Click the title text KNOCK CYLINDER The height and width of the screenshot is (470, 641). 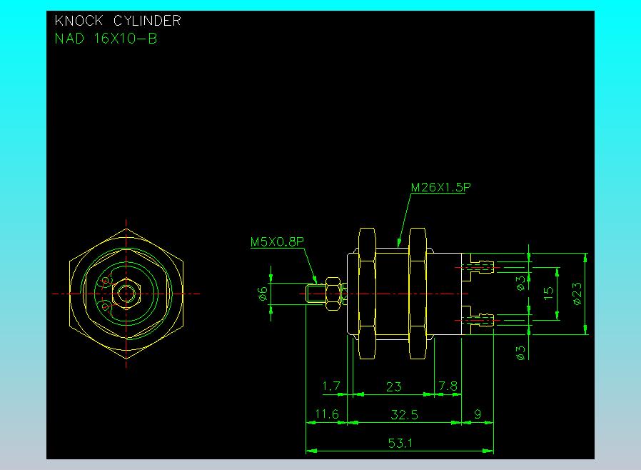pos(118,21)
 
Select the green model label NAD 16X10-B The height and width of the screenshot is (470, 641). pos(106,39)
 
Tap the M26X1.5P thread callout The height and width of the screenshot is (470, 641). pos(440,187)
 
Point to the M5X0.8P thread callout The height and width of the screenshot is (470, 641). pos(277,241)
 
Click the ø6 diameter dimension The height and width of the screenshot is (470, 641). pos(263,294)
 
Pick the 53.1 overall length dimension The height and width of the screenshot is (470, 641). pos(400,443)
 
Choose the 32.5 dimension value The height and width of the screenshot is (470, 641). pos(404,415)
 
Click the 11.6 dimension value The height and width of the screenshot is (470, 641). pos(327,414)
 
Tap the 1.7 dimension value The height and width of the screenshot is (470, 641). pos(331,386)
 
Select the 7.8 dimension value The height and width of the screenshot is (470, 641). pos(448,386)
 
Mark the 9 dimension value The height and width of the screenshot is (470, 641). pos(478,414)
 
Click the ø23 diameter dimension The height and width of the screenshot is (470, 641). pos(577,294)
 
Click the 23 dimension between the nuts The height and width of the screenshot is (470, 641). pos(394,386)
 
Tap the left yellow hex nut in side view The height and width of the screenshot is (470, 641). pos(367,294)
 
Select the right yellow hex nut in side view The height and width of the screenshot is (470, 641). pos(418,294)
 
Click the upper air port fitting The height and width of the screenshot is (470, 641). pos(482,267)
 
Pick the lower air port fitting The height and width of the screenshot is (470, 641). pos(482,320)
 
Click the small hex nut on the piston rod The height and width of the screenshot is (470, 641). pos(333,294)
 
